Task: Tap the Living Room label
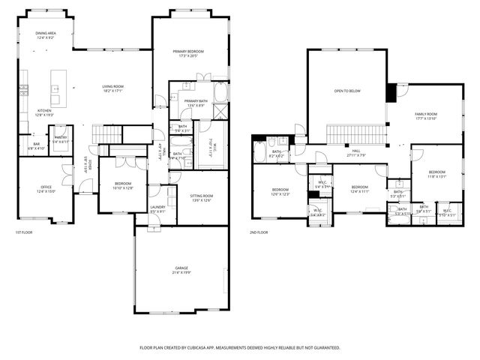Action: (113, 88)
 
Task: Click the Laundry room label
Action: (157, 208)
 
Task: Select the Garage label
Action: (181, 268)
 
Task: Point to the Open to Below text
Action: (347, 91)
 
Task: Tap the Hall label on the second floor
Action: (356, 152)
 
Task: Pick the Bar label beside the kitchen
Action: (35, 145)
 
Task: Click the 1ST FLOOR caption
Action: (23, 232)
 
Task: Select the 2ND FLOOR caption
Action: (258, 232)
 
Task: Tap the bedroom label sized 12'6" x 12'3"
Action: (280, 191)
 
